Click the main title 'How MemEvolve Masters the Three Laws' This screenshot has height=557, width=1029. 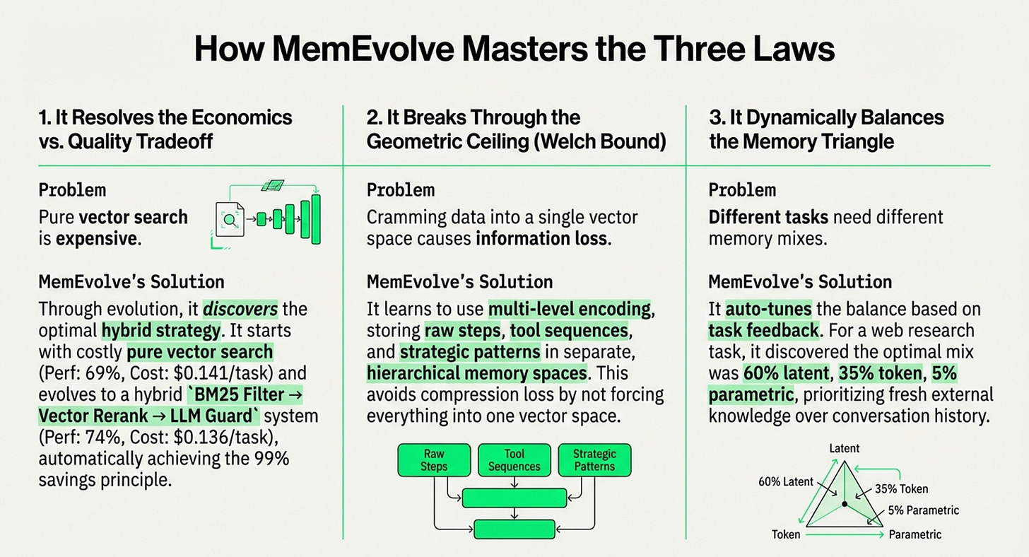[514, 51]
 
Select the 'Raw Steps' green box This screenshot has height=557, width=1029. [433, 460]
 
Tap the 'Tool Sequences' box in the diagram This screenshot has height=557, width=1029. [514, 460]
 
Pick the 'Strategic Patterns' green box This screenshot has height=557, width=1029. [594, 460]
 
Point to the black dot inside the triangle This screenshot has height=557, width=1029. [844, 504]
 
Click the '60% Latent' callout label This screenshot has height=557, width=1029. [787, 481]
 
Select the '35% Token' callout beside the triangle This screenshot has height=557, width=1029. [901, 488]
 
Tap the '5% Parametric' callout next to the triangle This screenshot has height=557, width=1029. [924, 510]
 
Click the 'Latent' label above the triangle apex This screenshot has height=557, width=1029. [845, 448]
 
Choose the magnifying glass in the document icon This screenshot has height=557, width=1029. [230, 219]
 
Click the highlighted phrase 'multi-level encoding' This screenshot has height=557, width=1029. [570, 309]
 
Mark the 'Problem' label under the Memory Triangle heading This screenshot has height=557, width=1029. [742, 190]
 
